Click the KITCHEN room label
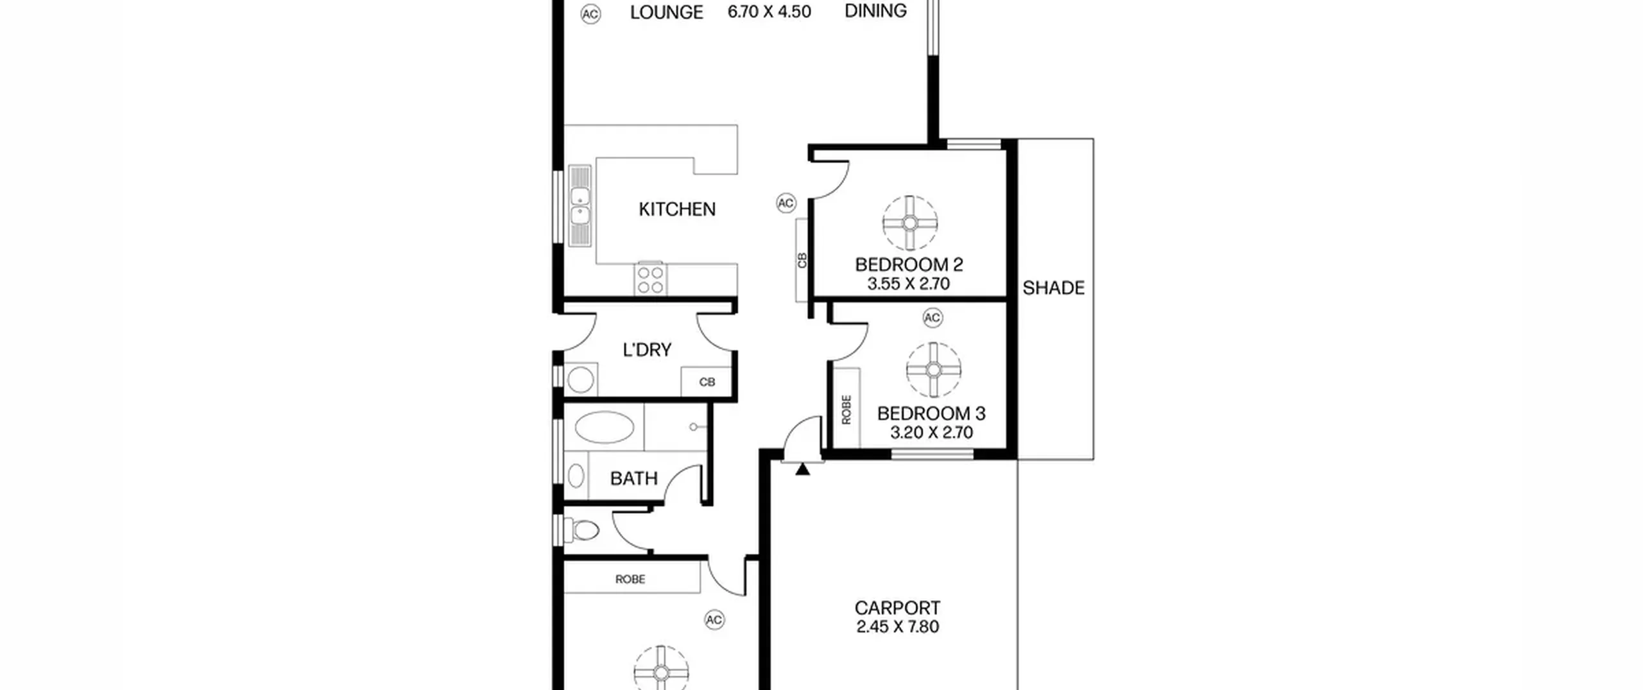coord(677,209)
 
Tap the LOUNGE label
coord(666,12)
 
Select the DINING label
coord(875,11)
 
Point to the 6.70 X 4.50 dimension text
coord(769,12)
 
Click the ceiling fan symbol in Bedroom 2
coord(909,223)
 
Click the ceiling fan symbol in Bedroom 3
coord(934,370)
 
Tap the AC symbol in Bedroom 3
coord(933,318)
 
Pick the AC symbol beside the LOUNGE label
coord(590,14)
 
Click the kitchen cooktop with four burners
coord(650,280)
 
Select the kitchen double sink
coord(580,205)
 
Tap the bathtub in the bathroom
coord(604,427)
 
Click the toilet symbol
coord(582,530)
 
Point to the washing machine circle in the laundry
coord(581,380)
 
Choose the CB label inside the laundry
coord(707,382)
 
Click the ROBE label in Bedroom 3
coord(846,409)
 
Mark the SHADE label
coord(1053,288)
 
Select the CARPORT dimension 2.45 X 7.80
coord(897,626)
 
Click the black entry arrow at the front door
coord(802,469)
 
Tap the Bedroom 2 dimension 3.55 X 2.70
coord(908,284)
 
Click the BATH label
coord(633,479)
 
